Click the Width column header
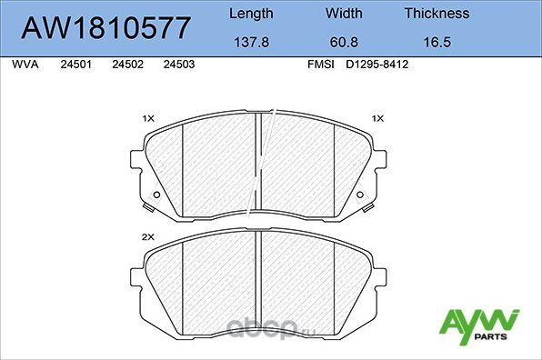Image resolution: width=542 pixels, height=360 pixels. point(345,14)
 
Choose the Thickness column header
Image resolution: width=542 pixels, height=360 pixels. point(437,14)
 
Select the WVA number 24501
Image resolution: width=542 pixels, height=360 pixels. point(75,65)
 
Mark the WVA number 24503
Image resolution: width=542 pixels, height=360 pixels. point(178,65)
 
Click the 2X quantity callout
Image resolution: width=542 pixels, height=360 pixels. point(149,237)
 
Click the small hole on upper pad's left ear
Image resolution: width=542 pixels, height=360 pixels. point(156,196)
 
